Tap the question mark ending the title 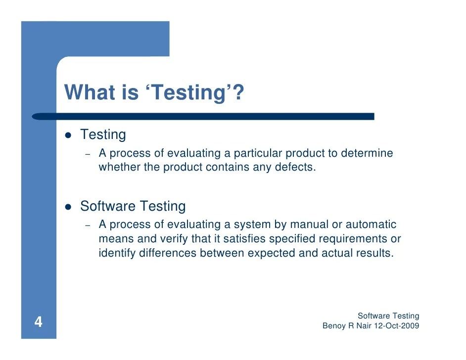point(239,92)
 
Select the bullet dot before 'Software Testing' point(69,207)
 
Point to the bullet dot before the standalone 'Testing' point(69,135)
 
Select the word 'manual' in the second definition point(310,225)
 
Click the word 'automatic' point(371,225)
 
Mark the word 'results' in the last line point(376,254)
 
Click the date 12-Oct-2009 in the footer point(397,326)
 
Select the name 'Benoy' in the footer point(333,326)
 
